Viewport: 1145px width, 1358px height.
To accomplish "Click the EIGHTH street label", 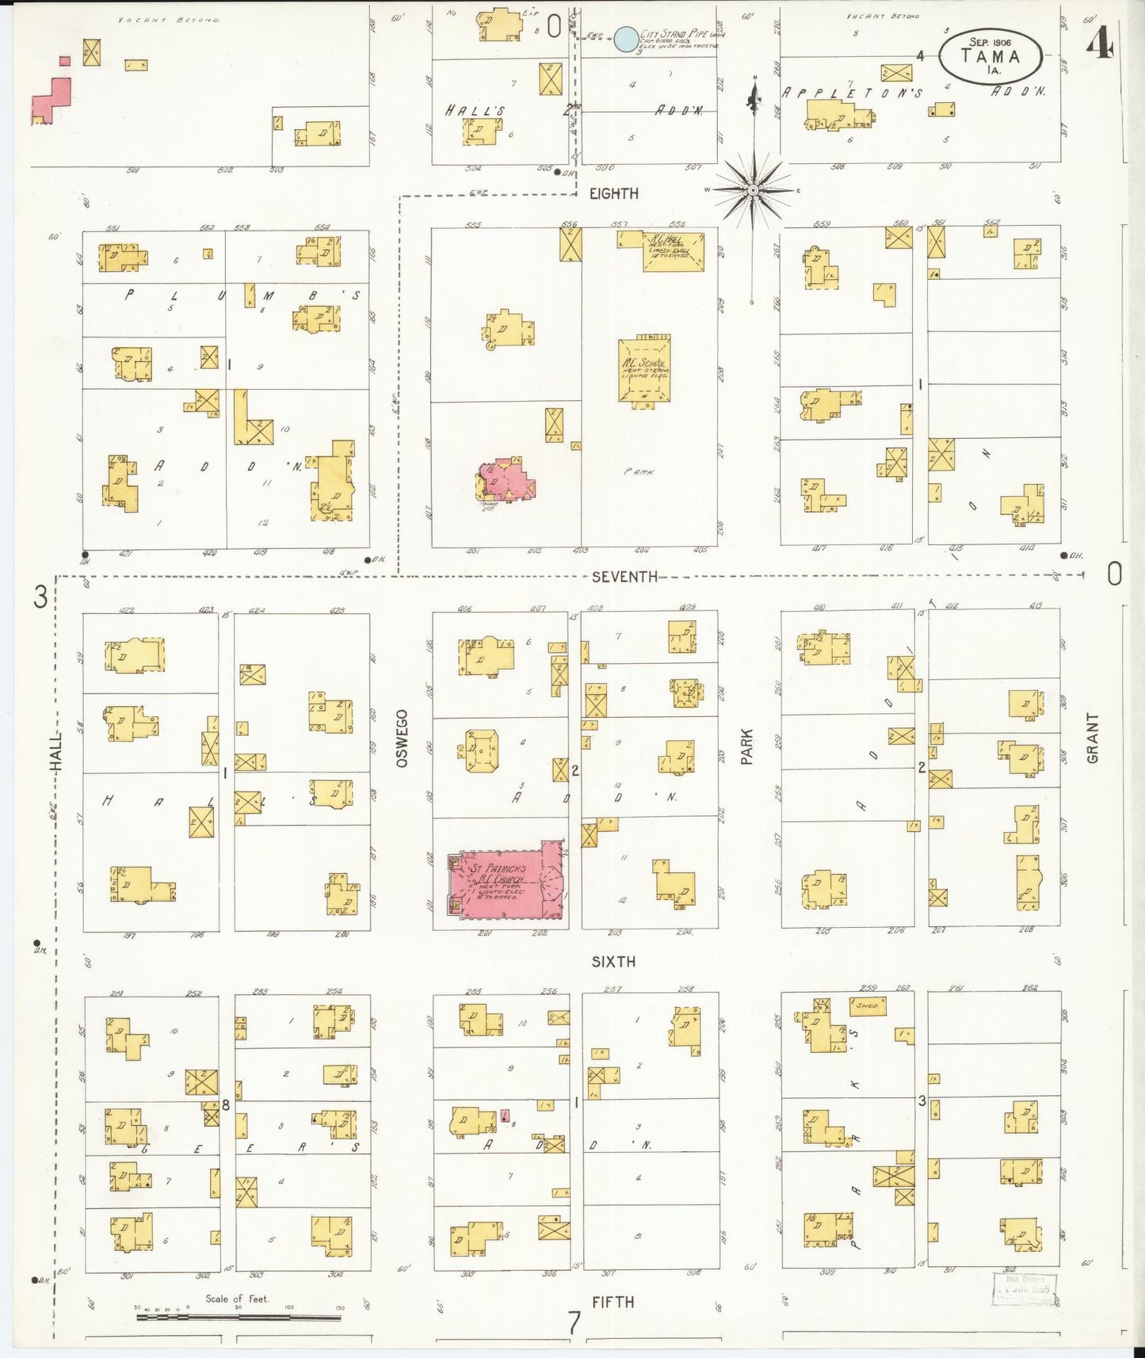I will pos(614,193).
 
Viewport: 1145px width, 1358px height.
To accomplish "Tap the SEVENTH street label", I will pos(624,577).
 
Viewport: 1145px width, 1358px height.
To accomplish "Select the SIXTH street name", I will pos(613,961).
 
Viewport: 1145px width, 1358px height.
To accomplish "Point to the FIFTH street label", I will pos(613,1301).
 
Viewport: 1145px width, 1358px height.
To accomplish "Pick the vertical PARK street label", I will pos(746,746).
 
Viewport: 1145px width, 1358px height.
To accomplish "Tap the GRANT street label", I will pos(1093,738).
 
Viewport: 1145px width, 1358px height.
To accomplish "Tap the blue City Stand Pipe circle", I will pos(626,40).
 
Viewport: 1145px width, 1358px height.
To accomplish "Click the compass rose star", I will pos(753,190).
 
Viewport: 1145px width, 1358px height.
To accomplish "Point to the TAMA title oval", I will pos(990,55).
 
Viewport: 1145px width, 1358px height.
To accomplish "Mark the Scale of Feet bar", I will pos(238,1318).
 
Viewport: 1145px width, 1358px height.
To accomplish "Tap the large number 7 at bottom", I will pos(574,1322).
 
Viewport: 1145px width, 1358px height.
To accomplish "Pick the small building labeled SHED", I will pos(868,1006).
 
